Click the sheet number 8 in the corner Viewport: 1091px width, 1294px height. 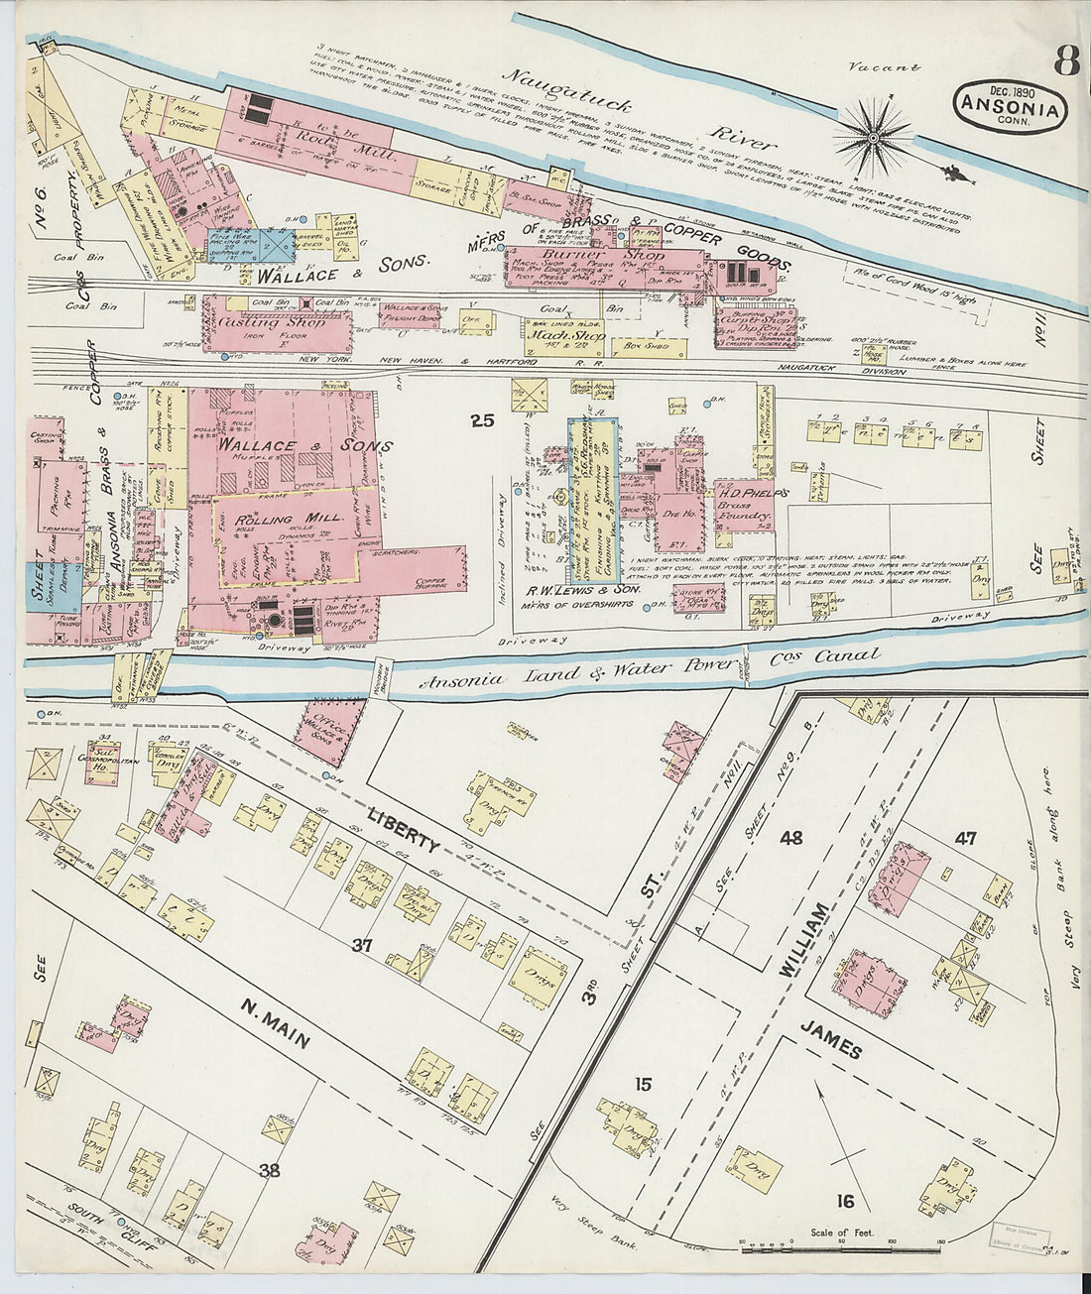point(1065,61)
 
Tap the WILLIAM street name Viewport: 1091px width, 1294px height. point(802,941)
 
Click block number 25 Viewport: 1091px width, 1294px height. point(482,421)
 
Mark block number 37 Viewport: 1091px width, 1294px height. point(361,946)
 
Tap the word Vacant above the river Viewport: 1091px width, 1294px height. point(885,67)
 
